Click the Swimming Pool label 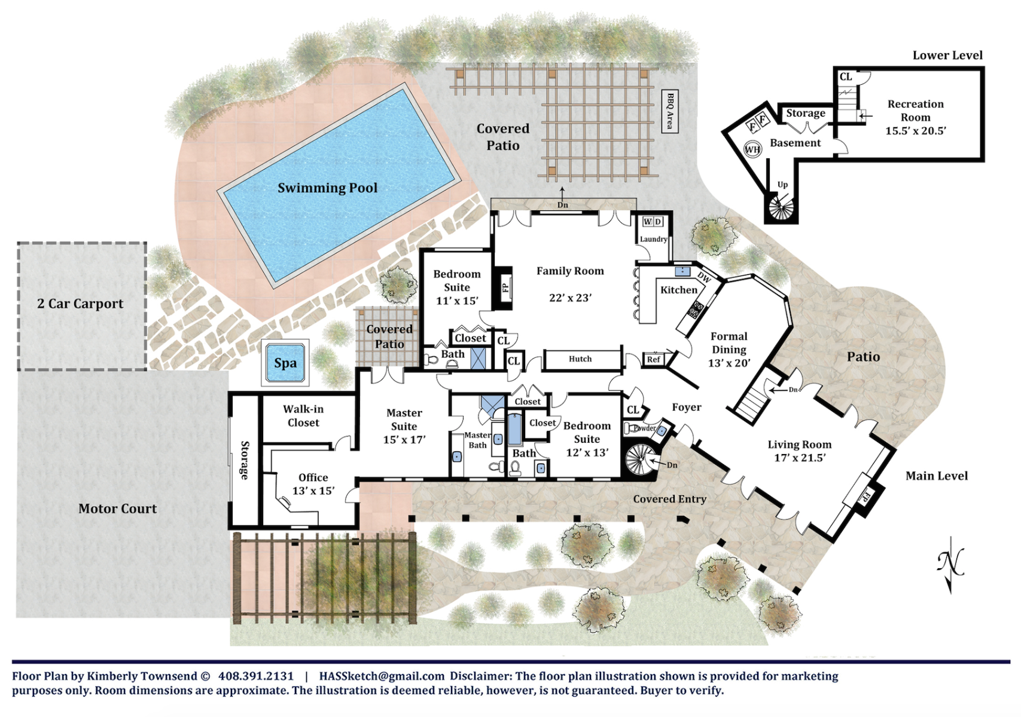click(x=327, y=188)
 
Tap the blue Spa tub click(x=285, y=363)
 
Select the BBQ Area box click(x=670, y=111)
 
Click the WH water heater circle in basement click(x=752, y=149)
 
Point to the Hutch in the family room click(x=580, y=359)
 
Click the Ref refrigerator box click(x=654, y=360)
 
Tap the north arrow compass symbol click(x=950, y=565)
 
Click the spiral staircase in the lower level click(x=781, y=208)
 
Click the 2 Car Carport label click(x=80, y=304)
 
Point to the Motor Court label click(x=118, y=508)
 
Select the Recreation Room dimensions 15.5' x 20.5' click(x=916, y=131)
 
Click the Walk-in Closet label click(x=303, y=416)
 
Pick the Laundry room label click(x=653, y=239)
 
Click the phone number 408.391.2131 click(x=256, y=676)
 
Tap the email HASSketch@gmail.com click(x=382, y=676)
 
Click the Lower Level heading click(x=947, y=56)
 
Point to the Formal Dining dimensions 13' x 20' click(x=729, y=363)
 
